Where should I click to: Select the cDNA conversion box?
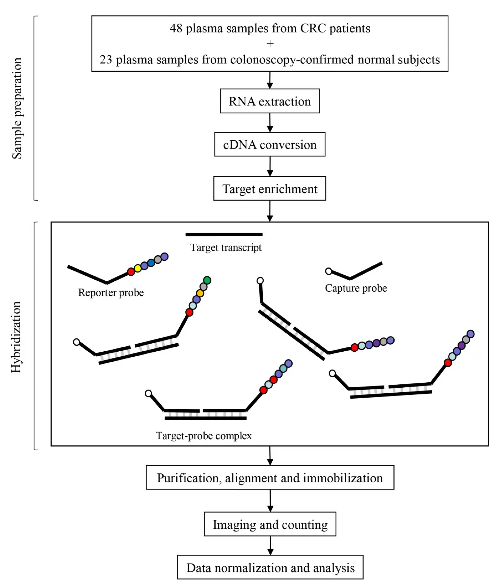click(x=270, y=144)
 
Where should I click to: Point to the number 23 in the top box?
click(x=106, y=60)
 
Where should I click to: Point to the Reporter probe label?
click(x=111, y=293)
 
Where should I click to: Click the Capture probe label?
click(x=356, y=288)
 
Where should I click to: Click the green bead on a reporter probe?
click(x=207, y=280)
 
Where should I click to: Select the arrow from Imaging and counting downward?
click(x=270, y=546)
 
